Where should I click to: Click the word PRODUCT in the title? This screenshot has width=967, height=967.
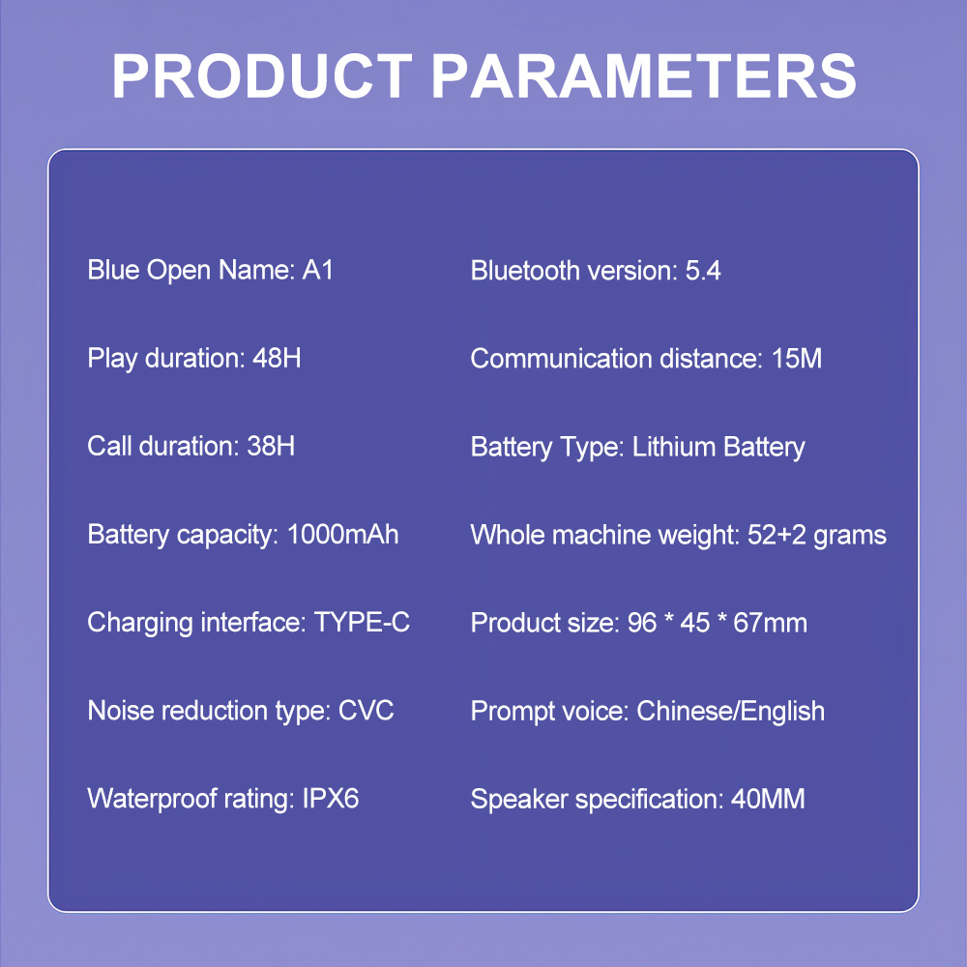pos(262,75)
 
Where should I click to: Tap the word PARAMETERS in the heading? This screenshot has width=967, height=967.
pos(644,75)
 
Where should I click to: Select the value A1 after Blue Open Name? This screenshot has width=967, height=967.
pos(317,270)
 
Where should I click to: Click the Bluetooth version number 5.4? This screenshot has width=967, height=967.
pos(703,271)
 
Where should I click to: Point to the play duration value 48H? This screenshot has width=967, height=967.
pos(277,359)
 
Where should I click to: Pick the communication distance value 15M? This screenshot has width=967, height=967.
pos(797,359)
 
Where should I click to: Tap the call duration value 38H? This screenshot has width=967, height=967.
pos(271,447)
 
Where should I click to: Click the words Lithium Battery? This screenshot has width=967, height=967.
pos(718,448)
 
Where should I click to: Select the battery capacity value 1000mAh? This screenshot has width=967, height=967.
pos(343,535)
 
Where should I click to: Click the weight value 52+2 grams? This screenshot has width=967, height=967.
pos(817,536)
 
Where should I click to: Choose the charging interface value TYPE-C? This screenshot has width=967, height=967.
pos(362,622)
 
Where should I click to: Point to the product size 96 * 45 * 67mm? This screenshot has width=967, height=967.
pos(718,623)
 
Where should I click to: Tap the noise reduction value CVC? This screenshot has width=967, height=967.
pos(366,711)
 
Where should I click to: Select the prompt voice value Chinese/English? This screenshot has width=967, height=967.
pos(730,712)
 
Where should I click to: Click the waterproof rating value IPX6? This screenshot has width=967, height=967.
pos(331,799)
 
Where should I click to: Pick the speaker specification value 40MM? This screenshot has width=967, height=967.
pos(768,800)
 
